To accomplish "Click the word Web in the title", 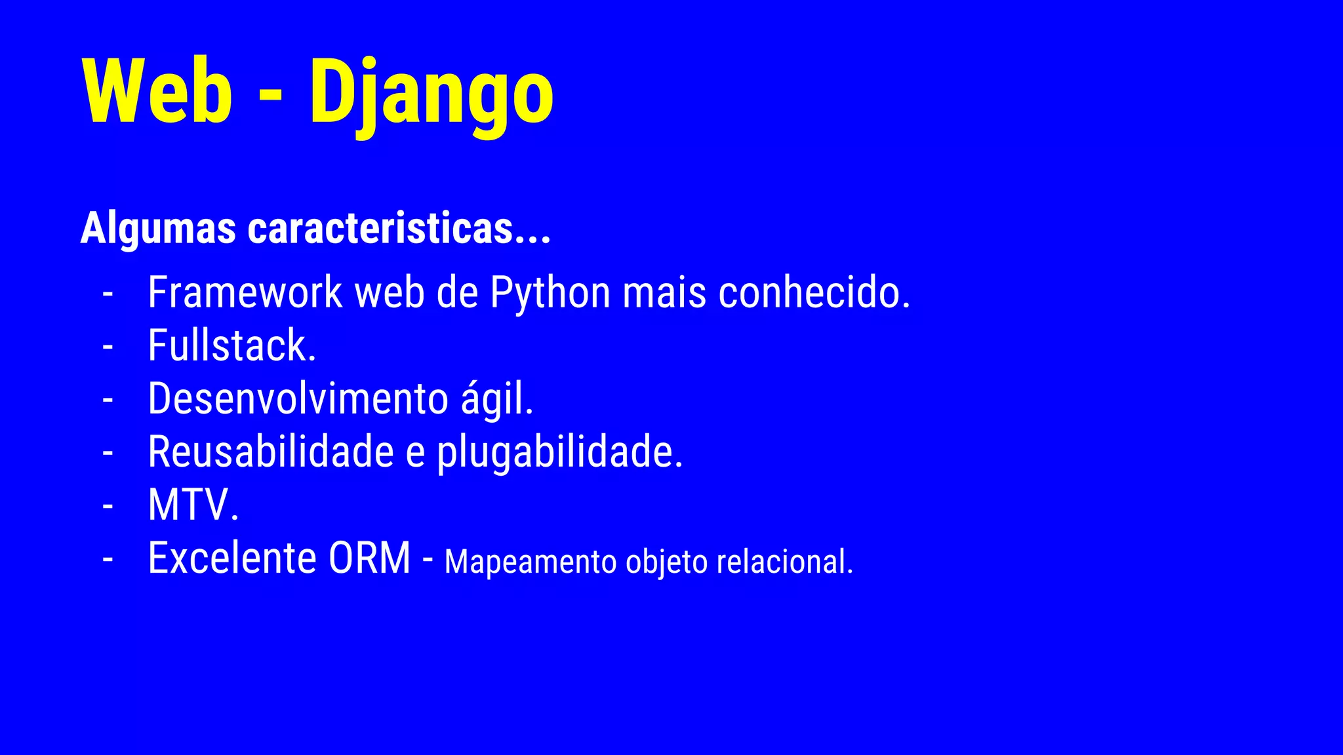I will pos(157,92).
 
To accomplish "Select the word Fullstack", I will pos(231,345).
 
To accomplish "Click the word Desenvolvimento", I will pos(298,398).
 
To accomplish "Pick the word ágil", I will pos(497,398).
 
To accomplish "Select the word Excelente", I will pos(232,558).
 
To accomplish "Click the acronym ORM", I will pos(369,558).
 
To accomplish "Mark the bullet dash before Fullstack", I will pos(108,347).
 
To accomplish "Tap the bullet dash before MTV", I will pos(108,506).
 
